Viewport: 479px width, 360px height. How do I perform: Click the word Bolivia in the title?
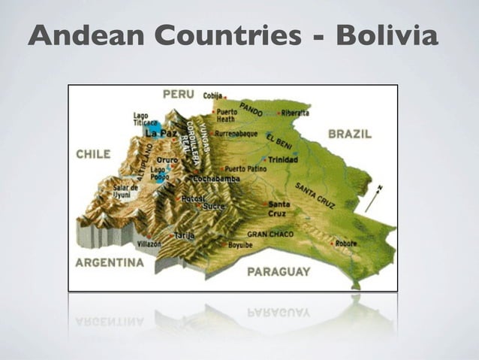[x=387, y=36]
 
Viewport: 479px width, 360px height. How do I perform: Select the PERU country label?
[x=179, y=95]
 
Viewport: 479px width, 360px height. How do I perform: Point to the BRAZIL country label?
[x=349, y=134]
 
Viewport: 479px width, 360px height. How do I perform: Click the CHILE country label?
[x=93, y=153]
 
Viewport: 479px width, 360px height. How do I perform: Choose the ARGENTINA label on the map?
[x=109, y=263]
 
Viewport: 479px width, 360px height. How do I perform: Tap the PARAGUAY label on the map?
[x=278, y=271]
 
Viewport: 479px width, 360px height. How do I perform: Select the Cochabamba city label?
[x=218, y=179]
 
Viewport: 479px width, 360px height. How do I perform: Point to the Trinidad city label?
[x=284, y=159]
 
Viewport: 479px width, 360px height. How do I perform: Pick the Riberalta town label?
[x=296, y=113]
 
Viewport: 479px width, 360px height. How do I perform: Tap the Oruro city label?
[x=167, y=160]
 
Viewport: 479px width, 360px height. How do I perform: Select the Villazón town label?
[x=149, y=244]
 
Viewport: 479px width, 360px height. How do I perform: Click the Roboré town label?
[x=346, y=243]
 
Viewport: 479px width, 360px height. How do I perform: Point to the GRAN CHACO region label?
[x=270, y=234]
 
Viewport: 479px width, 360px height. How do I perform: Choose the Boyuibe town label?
[x=240, y=245]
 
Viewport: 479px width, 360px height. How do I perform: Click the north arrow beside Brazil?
[x=373, y=198]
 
